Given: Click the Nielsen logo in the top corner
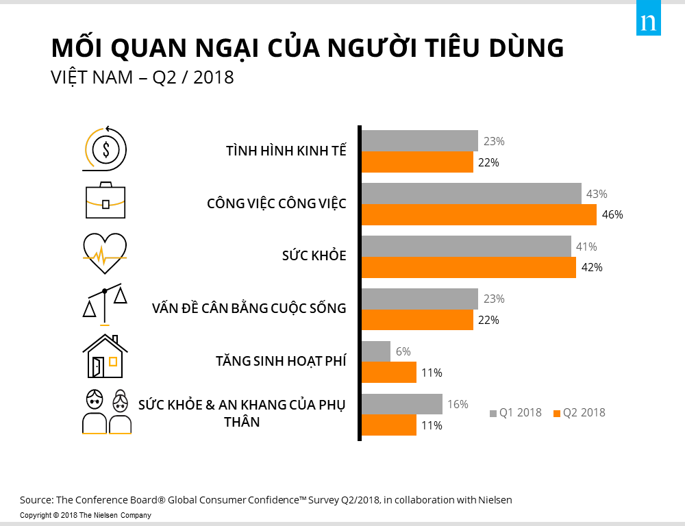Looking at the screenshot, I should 648,23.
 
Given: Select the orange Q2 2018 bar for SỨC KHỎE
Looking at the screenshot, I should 469,267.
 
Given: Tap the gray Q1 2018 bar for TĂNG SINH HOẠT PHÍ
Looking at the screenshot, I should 375,351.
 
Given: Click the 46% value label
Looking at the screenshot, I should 612,214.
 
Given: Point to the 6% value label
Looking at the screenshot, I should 403,351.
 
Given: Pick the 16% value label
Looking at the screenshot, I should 457,404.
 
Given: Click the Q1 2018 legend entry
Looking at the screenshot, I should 515,412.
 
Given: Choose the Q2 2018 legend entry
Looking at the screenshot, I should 580,412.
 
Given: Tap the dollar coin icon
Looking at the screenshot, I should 105,147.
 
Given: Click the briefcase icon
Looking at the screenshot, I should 105,200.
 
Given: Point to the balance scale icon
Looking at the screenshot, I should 105,304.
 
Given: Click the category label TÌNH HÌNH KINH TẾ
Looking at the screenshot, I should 286,151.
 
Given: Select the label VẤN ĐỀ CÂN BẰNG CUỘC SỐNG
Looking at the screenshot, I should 249,308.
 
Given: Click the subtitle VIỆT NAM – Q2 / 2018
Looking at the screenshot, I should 142,77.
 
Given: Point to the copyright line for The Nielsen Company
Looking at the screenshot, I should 86,515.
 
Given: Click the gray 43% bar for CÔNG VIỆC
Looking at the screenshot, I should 471,194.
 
